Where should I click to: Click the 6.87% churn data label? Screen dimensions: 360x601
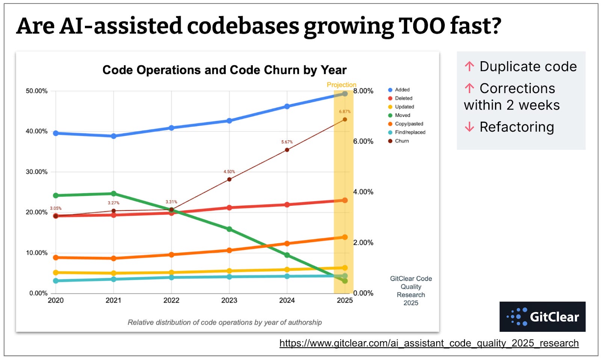click(x=344, y=111)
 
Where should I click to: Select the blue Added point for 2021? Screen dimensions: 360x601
click(x=113, y=136)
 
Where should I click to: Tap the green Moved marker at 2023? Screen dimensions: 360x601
click(x=229, y=229)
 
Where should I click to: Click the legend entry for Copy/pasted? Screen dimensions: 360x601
click(x=409, y=124)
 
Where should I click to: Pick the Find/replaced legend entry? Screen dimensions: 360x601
click(x=410, y=132)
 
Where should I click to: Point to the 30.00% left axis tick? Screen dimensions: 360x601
click(x=36, y=172)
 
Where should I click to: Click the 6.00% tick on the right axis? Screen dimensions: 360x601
click(x=363, y=142)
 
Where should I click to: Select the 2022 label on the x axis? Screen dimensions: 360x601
click(x=171, y=300)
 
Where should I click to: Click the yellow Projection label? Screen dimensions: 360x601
click(x=341, y=85)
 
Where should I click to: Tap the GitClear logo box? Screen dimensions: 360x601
click(x=542, y=316)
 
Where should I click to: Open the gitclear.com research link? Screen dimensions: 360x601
click(x=429, y=343)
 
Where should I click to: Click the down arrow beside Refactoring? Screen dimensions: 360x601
click(x=469, y=127)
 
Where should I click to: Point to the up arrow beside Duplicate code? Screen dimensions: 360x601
click(x=469, y=66)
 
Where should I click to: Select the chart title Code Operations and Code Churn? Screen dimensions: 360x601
click(x=224, y=70)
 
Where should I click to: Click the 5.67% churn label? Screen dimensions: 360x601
click(x=287, y=142)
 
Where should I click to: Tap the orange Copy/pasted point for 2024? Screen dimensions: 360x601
click(x=287, y=244)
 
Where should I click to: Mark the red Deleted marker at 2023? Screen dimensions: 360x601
click(x=229, y=208)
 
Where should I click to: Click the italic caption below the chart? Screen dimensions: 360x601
click(x=225, y=322)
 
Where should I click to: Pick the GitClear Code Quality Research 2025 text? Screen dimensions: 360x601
click(x=411, y=291)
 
